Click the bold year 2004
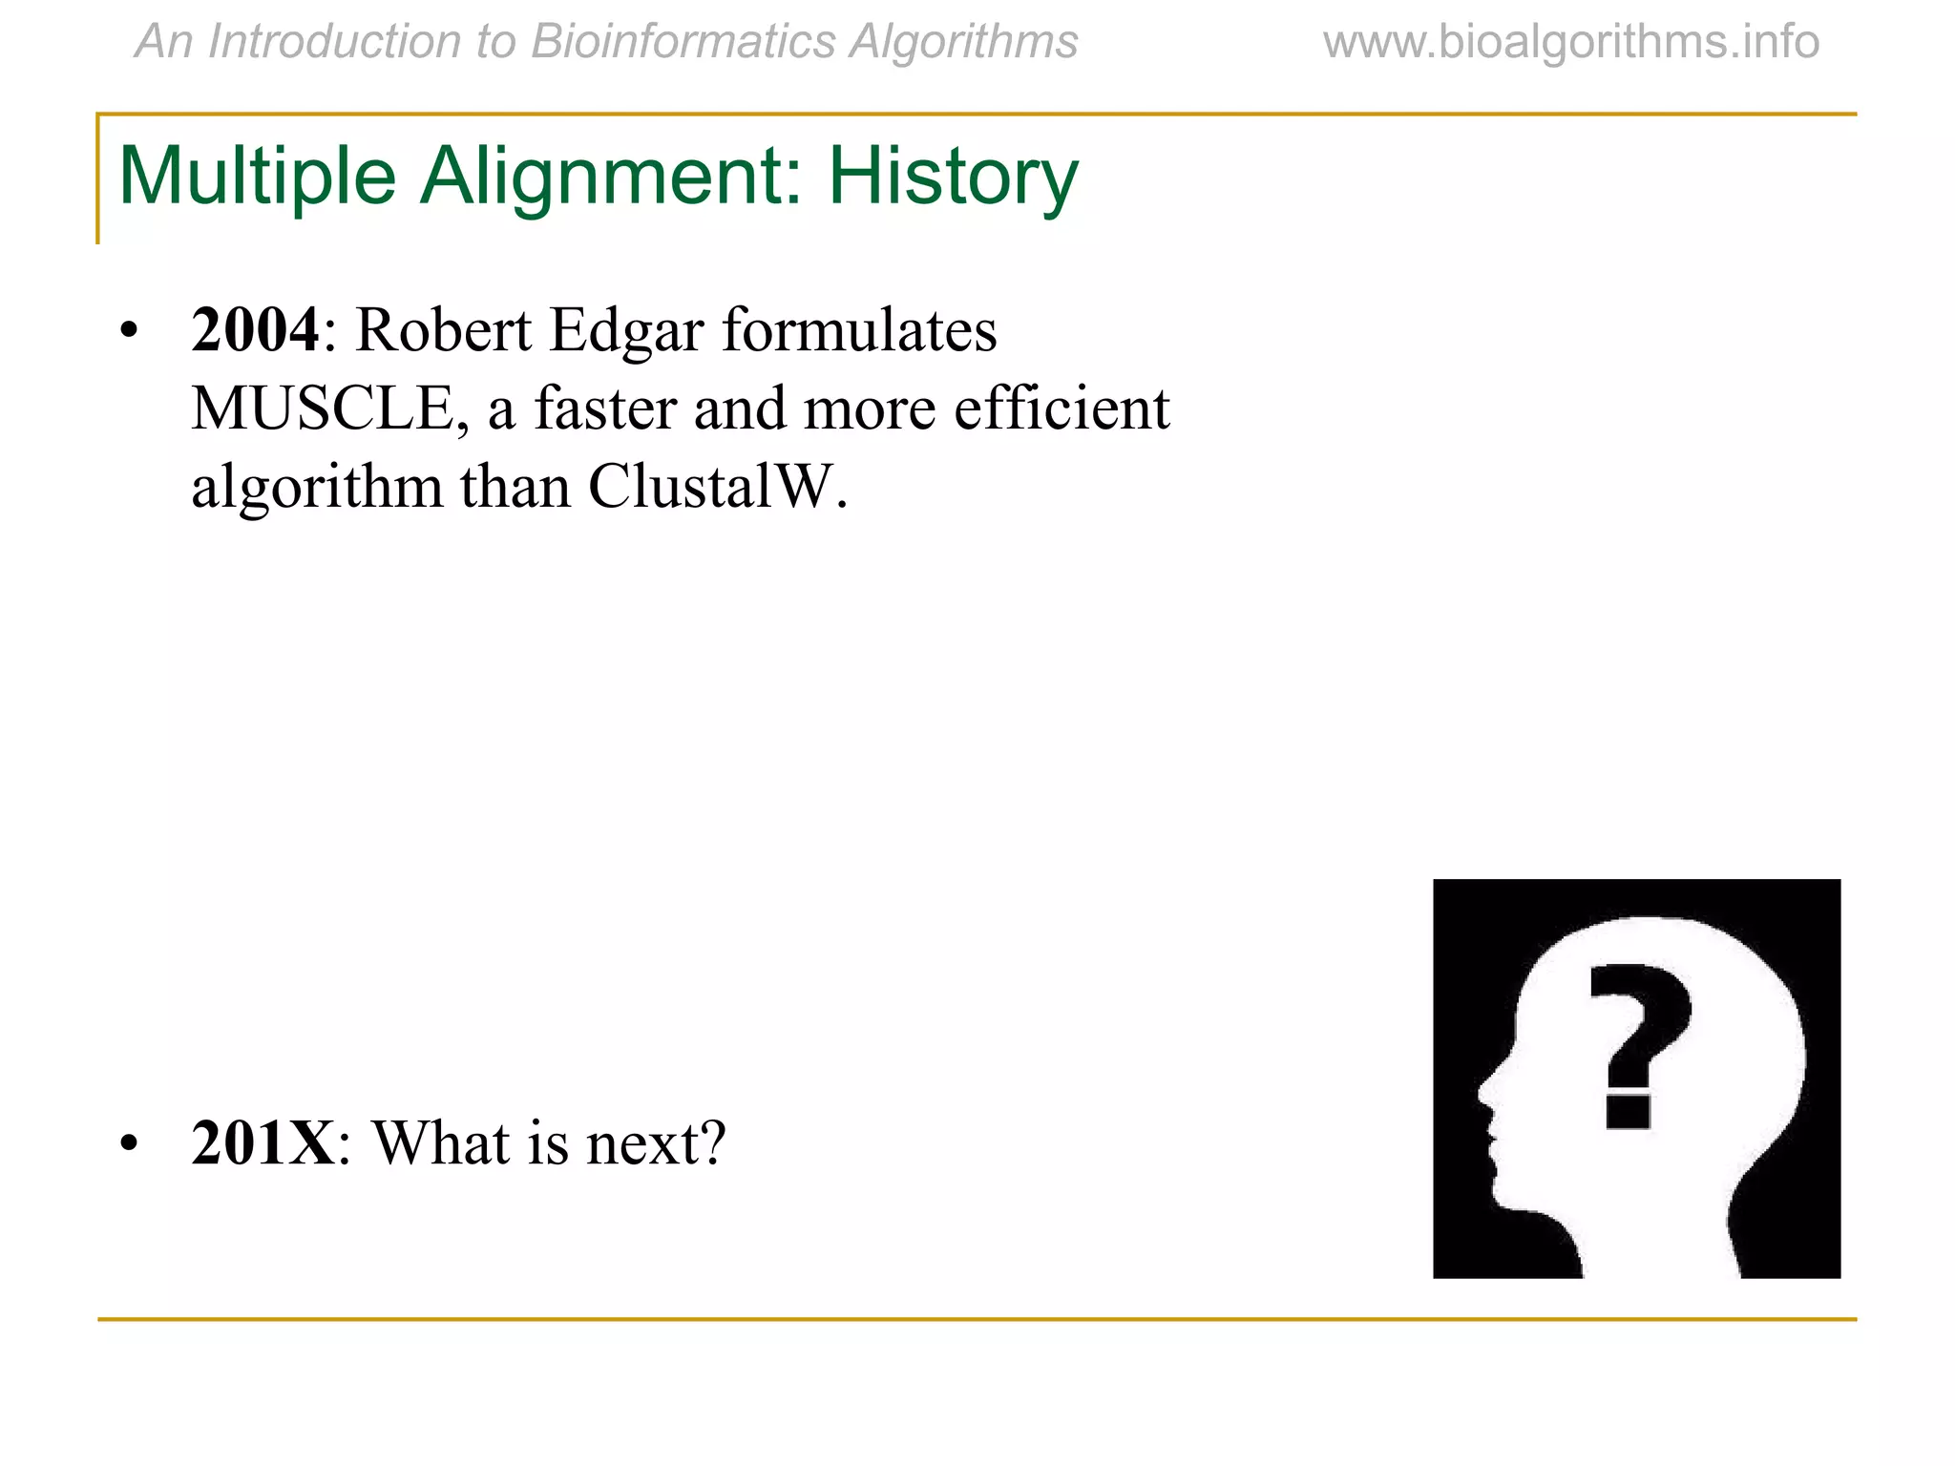tap(255, 330)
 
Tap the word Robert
tap(443, 330)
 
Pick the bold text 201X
tap(263, 1142)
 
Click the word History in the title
tap(952, 178)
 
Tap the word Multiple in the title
tap(257, 178)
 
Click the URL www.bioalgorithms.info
tap(1570, 42)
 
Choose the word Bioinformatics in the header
tap(682, 42)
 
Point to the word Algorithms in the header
tap(963, 42)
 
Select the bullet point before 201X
tap(130, 1143)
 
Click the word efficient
tap(1062, 408)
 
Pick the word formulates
tap(859, 330)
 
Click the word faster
tap(605, 408)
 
